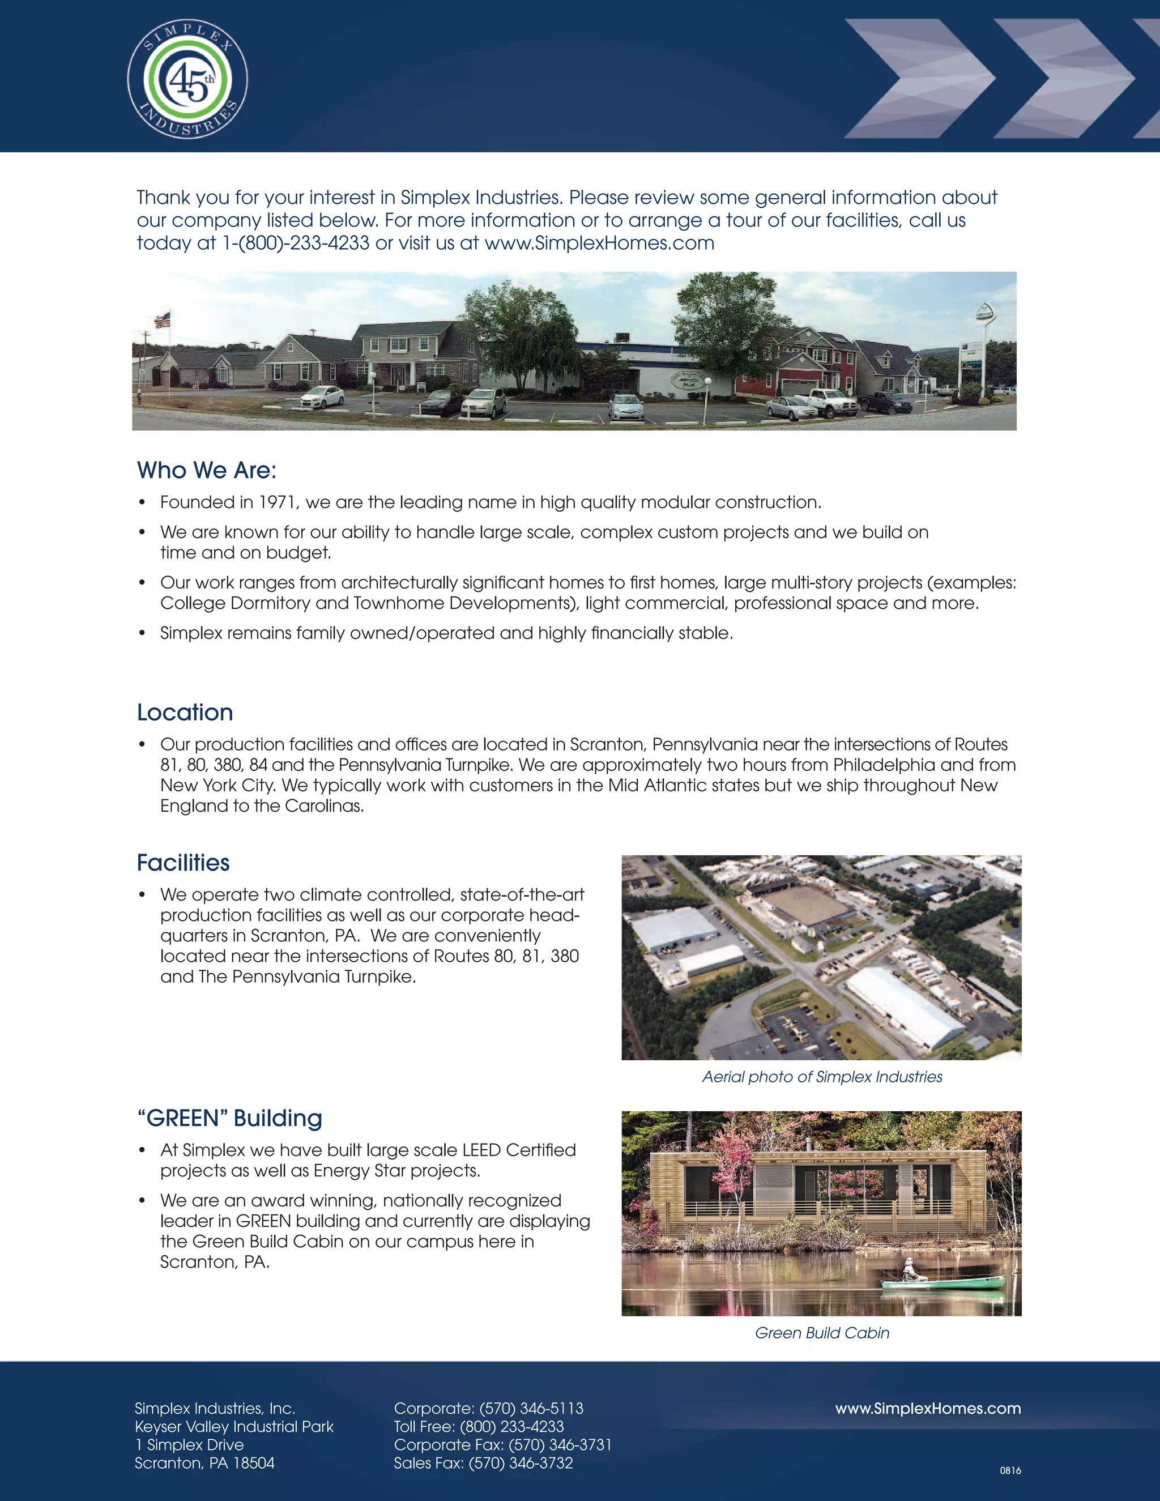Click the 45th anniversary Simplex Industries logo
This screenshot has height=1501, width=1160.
(x=187, y=78)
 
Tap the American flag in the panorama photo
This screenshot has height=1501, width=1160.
(x=162, y=319)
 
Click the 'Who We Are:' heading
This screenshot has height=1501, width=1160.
(x=206, y=470)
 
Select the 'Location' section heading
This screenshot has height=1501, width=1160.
(x=185, y=712)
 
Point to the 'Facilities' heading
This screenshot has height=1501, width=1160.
(x=183, y=863)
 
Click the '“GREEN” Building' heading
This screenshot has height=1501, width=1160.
(x=229, y=1118)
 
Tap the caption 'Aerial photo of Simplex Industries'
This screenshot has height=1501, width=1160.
(x=822, y=1077)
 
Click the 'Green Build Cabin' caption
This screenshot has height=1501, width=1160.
(x=822, y=1333)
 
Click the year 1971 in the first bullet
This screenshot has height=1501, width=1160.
(x=276, y=502)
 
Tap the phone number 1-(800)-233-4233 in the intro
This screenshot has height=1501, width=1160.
(x=296, y=244)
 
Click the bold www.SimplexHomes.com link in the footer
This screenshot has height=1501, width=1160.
(x=928, y=1408)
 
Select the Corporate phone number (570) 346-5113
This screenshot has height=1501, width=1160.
(x=531, y=1408)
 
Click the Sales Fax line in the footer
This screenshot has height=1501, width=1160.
(x=483, y=1463)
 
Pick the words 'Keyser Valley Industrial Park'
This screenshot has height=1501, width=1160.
(x=234, y=1427)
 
